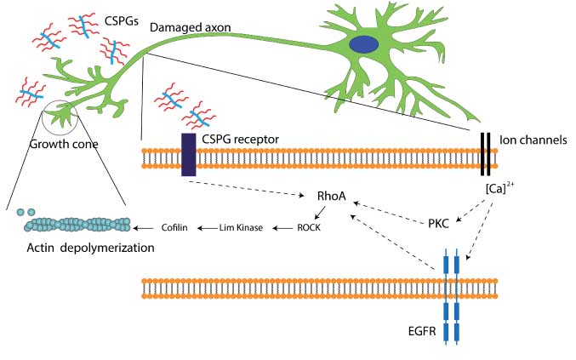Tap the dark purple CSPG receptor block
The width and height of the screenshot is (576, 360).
coord(188,154)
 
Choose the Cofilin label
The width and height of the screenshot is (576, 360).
coord(176,227)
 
